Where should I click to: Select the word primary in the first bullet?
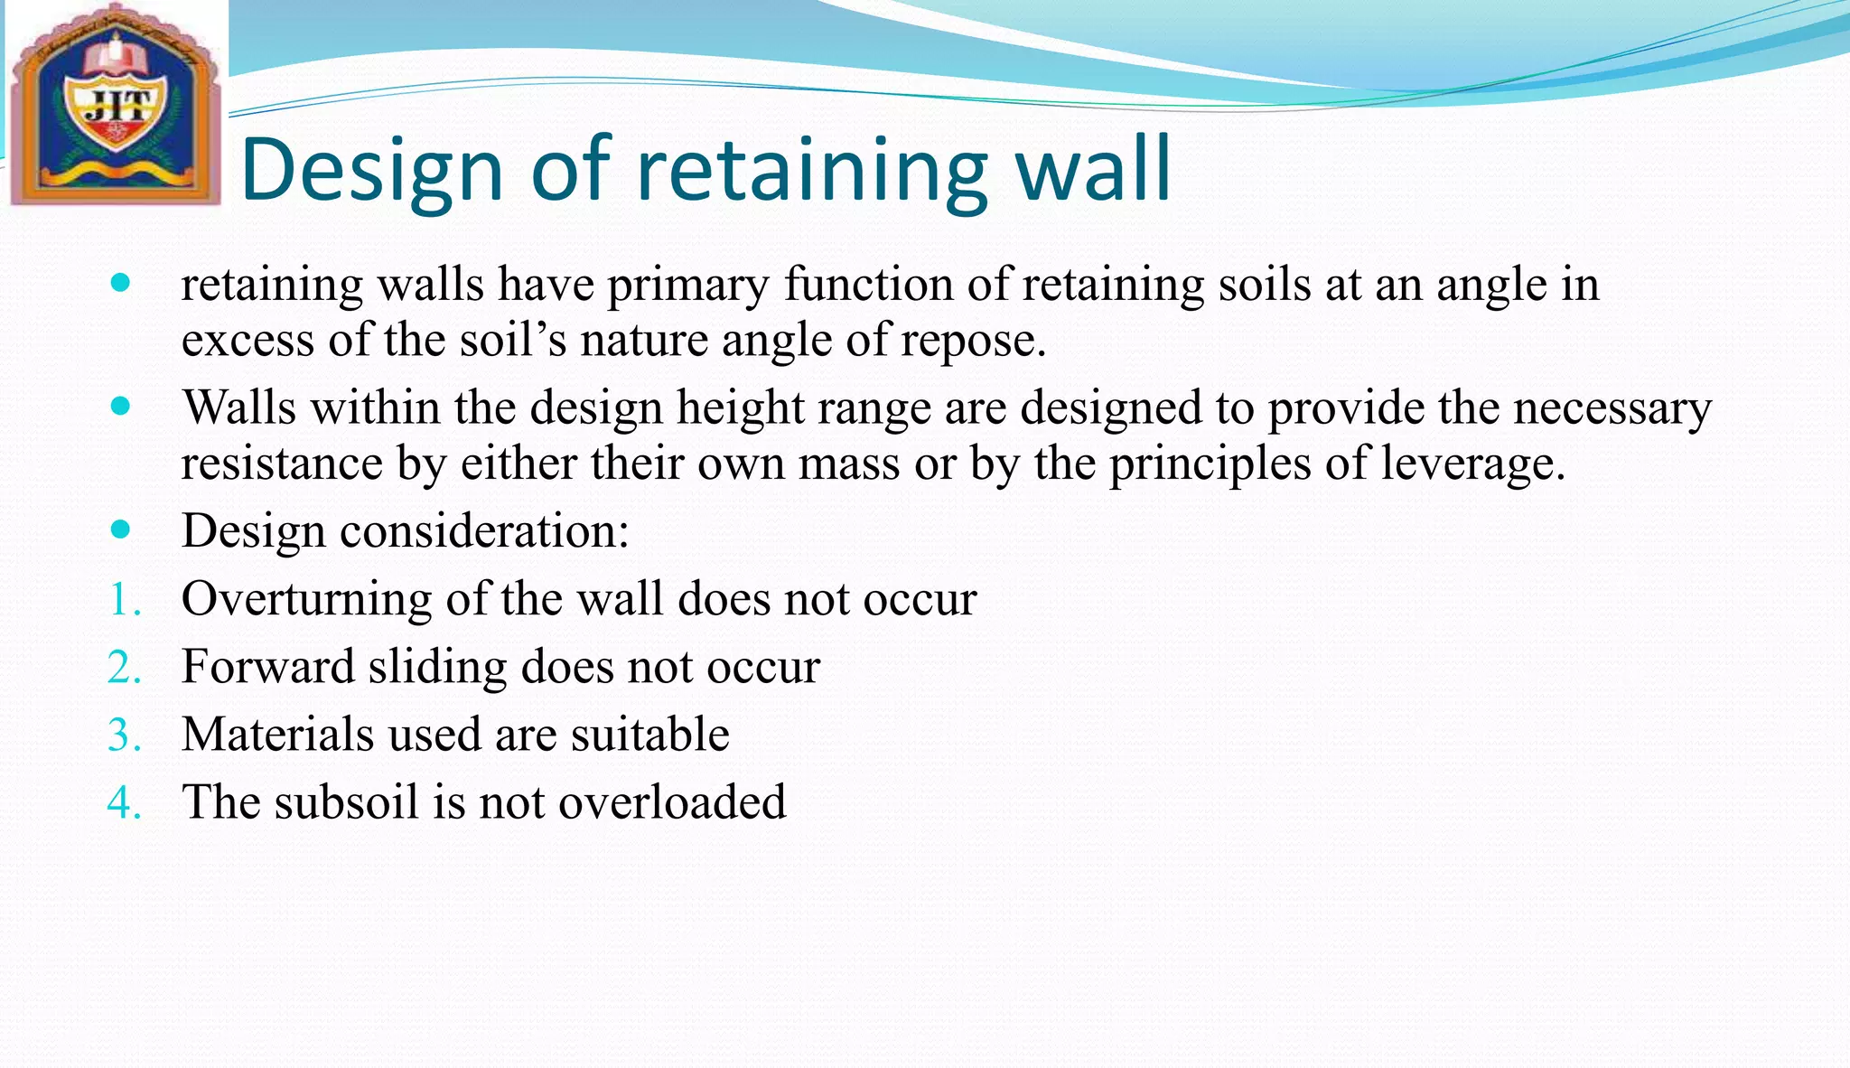coord(687,286)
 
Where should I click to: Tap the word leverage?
coord(1472,464)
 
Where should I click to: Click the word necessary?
coord(1612,408)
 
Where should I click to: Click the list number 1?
coord(125,600)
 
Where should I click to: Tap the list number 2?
coord(125,668)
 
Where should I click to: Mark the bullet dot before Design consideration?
coord(120,529)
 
